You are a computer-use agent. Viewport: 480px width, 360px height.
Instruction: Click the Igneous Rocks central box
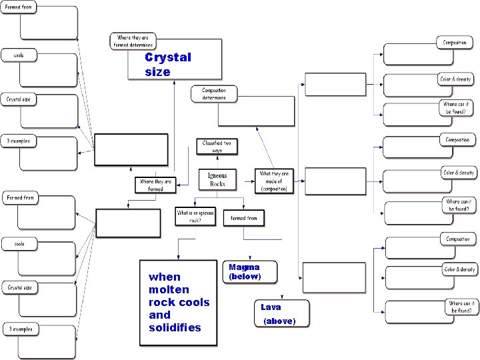pyautogui.click(x=217, y=179)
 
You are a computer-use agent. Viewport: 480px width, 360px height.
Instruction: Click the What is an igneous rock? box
pyautogui.click(x=195, y=216)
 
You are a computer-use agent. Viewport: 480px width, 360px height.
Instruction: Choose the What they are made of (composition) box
pyautogui.click(x=273, y=181)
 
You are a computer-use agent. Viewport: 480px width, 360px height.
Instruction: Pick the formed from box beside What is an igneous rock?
pyautogui.click(x=244, y=218)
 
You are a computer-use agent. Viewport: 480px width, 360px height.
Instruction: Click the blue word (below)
pyautogui.click(x=245, y=276)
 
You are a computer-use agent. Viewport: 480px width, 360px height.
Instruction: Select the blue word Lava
pyautogui.click(x=271, y=307)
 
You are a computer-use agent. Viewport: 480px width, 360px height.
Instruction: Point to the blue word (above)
pyautogui.click(x=279, y=321)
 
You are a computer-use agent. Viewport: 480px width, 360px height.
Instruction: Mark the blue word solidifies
pyautogui.click(x=175, y=327)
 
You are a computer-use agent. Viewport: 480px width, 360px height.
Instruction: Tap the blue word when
pyautogui.click(x=165, y=277)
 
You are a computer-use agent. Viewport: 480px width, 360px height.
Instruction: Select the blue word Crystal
pyautogui.click(x=168, y=57)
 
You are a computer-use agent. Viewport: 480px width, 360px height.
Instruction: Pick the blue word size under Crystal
pyautogui.click(x=157, y=71)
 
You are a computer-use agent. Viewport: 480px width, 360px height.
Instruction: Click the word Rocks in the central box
pyautogui.click(x=217, y=183)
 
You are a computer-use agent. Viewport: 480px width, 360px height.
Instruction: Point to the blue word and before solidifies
pyautogui.click(x=159, y=315)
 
